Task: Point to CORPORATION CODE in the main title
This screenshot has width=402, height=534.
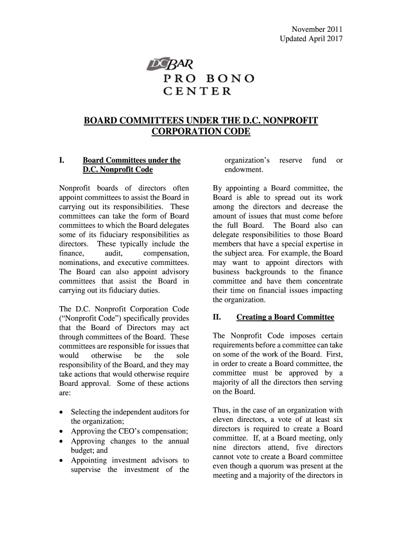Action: coord(200,132)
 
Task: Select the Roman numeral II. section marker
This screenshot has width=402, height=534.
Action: coord(218,317)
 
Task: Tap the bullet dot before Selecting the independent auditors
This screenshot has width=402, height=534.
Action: coord(62,412)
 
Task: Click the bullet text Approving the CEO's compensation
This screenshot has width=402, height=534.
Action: coord(129,431)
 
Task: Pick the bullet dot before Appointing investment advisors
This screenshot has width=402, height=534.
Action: coord(62,460)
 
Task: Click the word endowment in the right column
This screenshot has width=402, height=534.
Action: coord(244,170)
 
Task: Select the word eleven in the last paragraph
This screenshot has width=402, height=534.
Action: coord(223,419)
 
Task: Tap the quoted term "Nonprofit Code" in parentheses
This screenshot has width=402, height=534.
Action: coord(88,319)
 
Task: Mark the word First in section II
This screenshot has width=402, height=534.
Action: coord(333,354)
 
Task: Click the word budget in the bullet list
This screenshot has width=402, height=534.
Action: coord(82,451)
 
